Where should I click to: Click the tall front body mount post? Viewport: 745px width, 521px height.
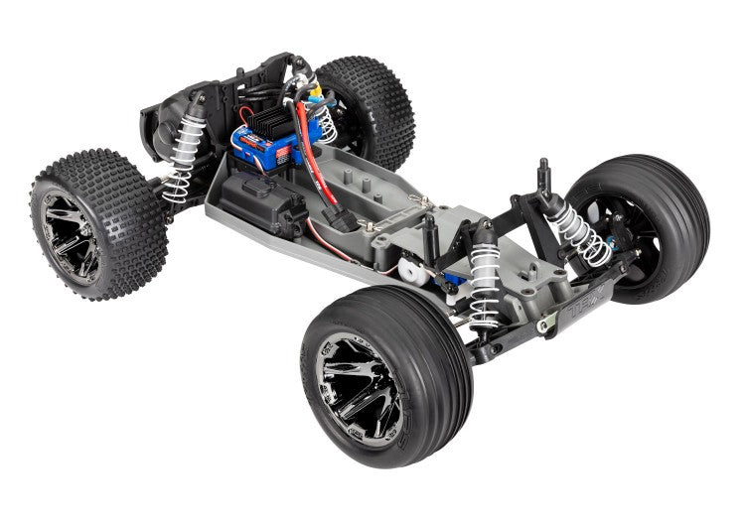544,179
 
